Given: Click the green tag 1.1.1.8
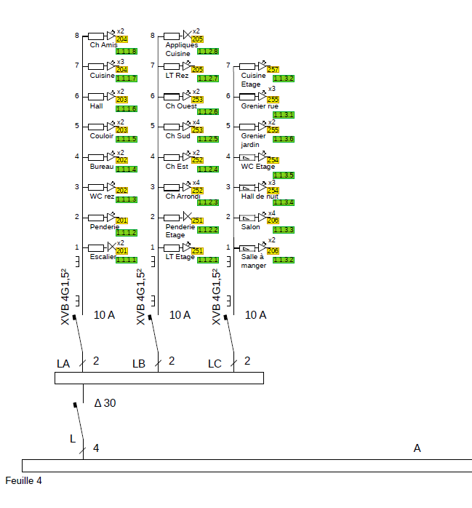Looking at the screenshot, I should point(127,51).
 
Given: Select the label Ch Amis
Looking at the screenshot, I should point(103,45).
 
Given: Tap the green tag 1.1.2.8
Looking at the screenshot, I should point(208,51).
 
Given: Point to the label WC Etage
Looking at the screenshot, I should point(258,167).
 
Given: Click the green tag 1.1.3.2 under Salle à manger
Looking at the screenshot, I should point(284,260).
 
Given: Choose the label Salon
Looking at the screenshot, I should point(251,227).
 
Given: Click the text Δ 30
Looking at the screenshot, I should point(105,403).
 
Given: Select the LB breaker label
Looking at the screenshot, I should point(140,363).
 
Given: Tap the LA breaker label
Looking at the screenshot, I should point(64,363).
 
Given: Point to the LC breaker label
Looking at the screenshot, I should point(215,363).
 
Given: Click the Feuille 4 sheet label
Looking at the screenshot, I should point(24,481).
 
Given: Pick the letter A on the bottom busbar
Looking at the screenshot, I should point(417,448).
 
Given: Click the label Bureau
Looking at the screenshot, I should point(102,167).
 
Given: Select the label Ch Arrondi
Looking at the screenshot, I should point(183,197).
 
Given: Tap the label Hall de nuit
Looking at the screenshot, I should point(260,197).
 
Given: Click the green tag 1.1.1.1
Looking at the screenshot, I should point(127,260).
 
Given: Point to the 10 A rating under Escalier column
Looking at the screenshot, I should point(105,315).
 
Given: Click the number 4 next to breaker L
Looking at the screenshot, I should point(96,448).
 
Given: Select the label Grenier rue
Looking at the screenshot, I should point(260,106).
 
